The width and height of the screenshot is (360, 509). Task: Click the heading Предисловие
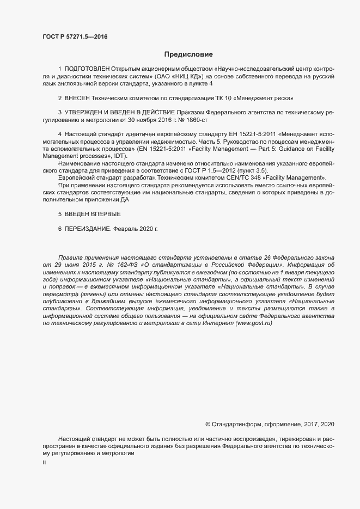pyautogui.click(x=188, y=54)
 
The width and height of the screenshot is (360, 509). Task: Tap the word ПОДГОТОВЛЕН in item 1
pyautogui.click(x=87, y=69)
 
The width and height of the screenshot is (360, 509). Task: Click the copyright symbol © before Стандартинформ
pyautogui.click(x=208, y=424)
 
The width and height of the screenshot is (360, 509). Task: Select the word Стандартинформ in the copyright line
pyautogui.click(x=237, y=424)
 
